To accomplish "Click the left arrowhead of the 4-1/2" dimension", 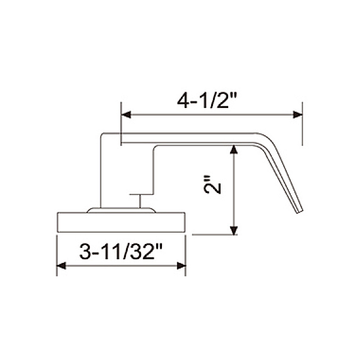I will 126,115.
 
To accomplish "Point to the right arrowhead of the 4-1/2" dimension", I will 297,115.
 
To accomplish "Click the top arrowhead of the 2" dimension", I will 233,149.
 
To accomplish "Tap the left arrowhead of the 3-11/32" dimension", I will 61,266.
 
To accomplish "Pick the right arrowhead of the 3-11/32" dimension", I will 181,266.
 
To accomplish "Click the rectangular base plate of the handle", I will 121,222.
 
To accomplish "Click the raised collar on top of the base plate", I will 121,210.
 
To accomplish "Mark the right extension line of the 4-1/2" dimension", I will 302,130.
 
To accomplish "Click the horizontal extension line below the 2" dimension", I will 211,234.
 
